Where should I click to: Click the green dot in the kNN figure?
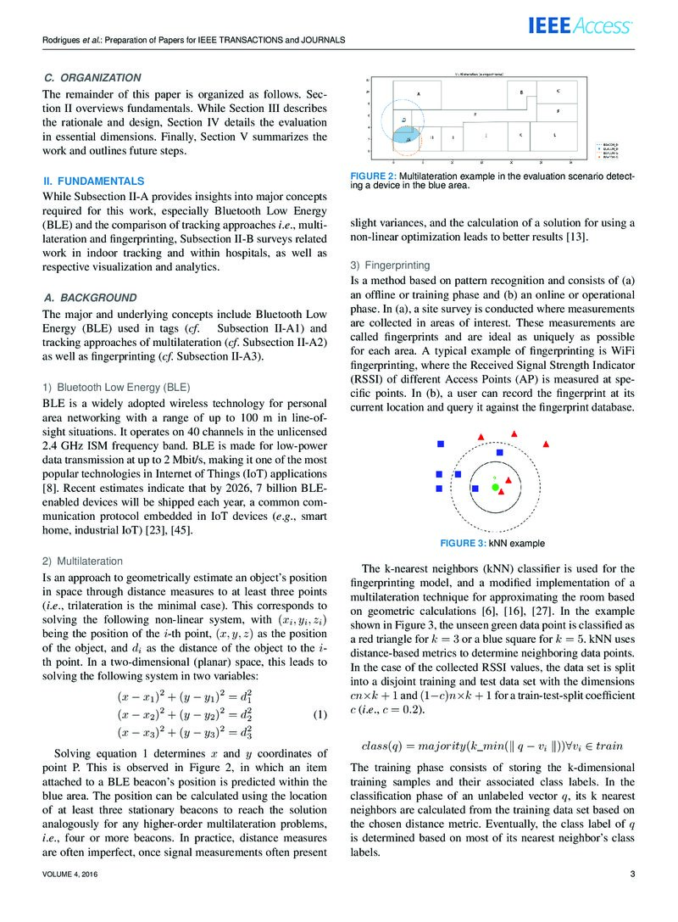(495, 487)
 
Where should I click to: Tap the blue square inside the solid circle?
(500, 455)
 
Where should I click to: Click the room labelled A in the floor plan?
(419, 92)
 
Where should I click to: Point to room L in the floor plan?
(554, 136)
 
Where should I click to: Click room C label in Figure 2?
(558, 90)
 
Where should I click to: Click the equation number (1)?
(320, 714)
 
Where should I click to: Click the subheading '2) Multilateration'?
(83, 561)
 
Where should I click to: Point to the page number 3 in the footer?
(632, 875)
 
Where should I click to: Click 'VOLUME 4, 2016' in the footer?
(70, 875)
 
